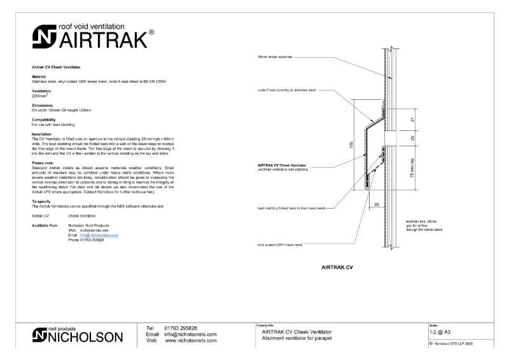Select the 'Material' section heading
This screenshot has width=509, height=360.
coord(40,77)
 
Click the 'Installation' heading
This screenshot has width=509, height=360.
coord(42,134)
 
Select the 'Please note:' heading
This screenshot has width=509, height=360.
coord(43,162)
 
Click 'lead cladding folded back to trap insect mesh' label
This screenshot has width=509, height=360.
coord(295,208)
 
